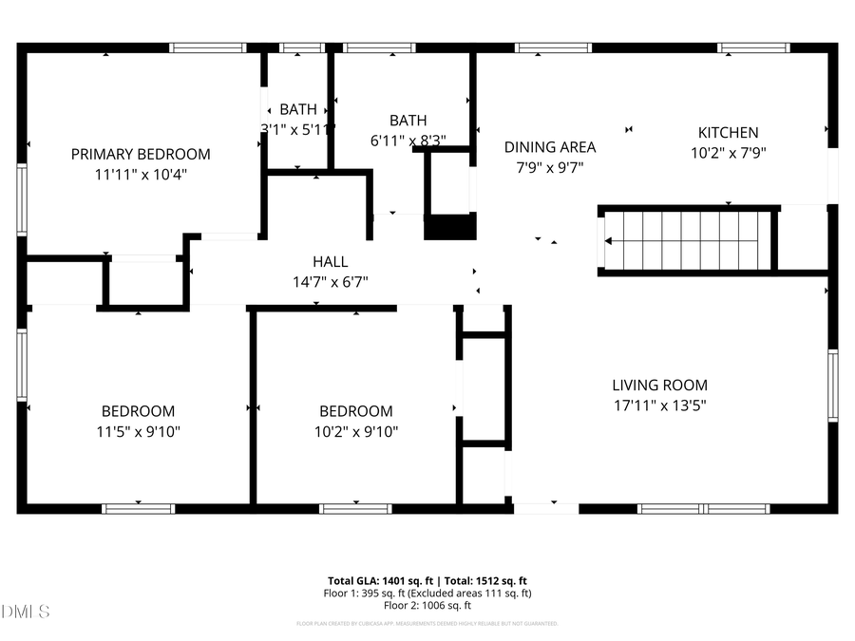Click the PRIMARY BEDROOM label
tap(141, 154)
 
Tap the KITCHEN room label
tap(729, 133)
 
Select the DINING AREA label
tap(550, 147)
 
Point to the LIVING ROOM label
tap(659, 386)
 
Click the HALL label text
tap(330, 262)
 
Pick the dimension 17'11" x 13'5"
tap(659, 405)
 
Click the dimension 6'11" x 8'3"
tap(408, 141)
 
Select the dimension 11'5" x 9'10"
tap(139, 431)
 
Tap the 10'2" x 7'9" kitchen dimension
tap(729, 152)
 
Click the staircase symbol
tap(686, 241)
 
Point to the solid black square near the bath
tap(449, 227)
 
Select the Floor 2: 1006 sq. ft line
tap(427, 605)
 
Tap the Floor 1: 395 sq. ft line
tap(427, 593)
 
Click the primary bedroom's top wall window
tap(207, 47)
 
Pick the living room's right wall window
tap(832, 386)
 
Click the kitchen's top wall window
tap(753, 47)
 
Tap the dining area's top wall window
tap(554, 47)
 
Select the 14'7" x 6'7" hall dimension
tap(330, 282)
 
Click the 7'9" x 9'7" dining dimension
tap(550, 167)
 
